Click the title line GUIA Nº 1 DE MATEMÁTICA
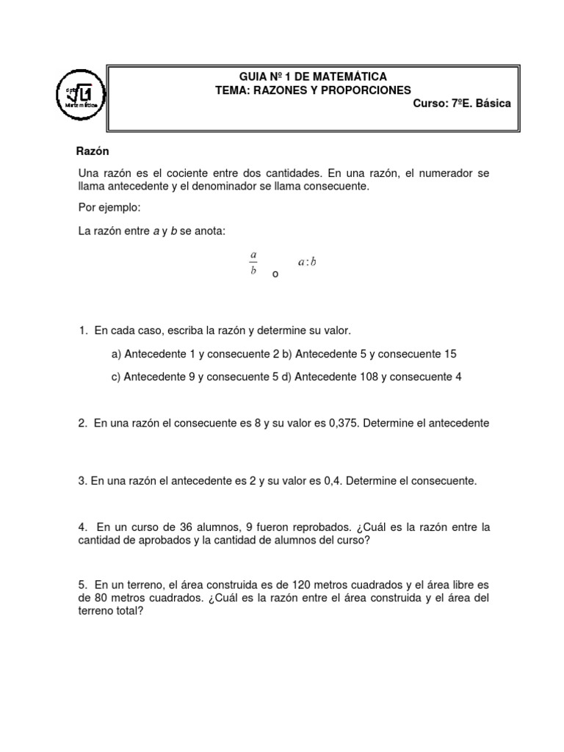point(314,76)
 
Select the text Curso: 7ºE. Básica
point(462,104)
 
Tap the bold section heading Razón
point(93,151)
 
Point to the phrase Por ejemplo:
point(109,209)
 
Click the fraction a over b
point(253,261)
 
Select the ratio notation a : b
point(306,261)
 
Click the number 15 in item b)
point(449,354)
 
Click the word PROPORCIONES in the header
point(366,90)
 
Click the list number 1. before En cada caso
point(83,331)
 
